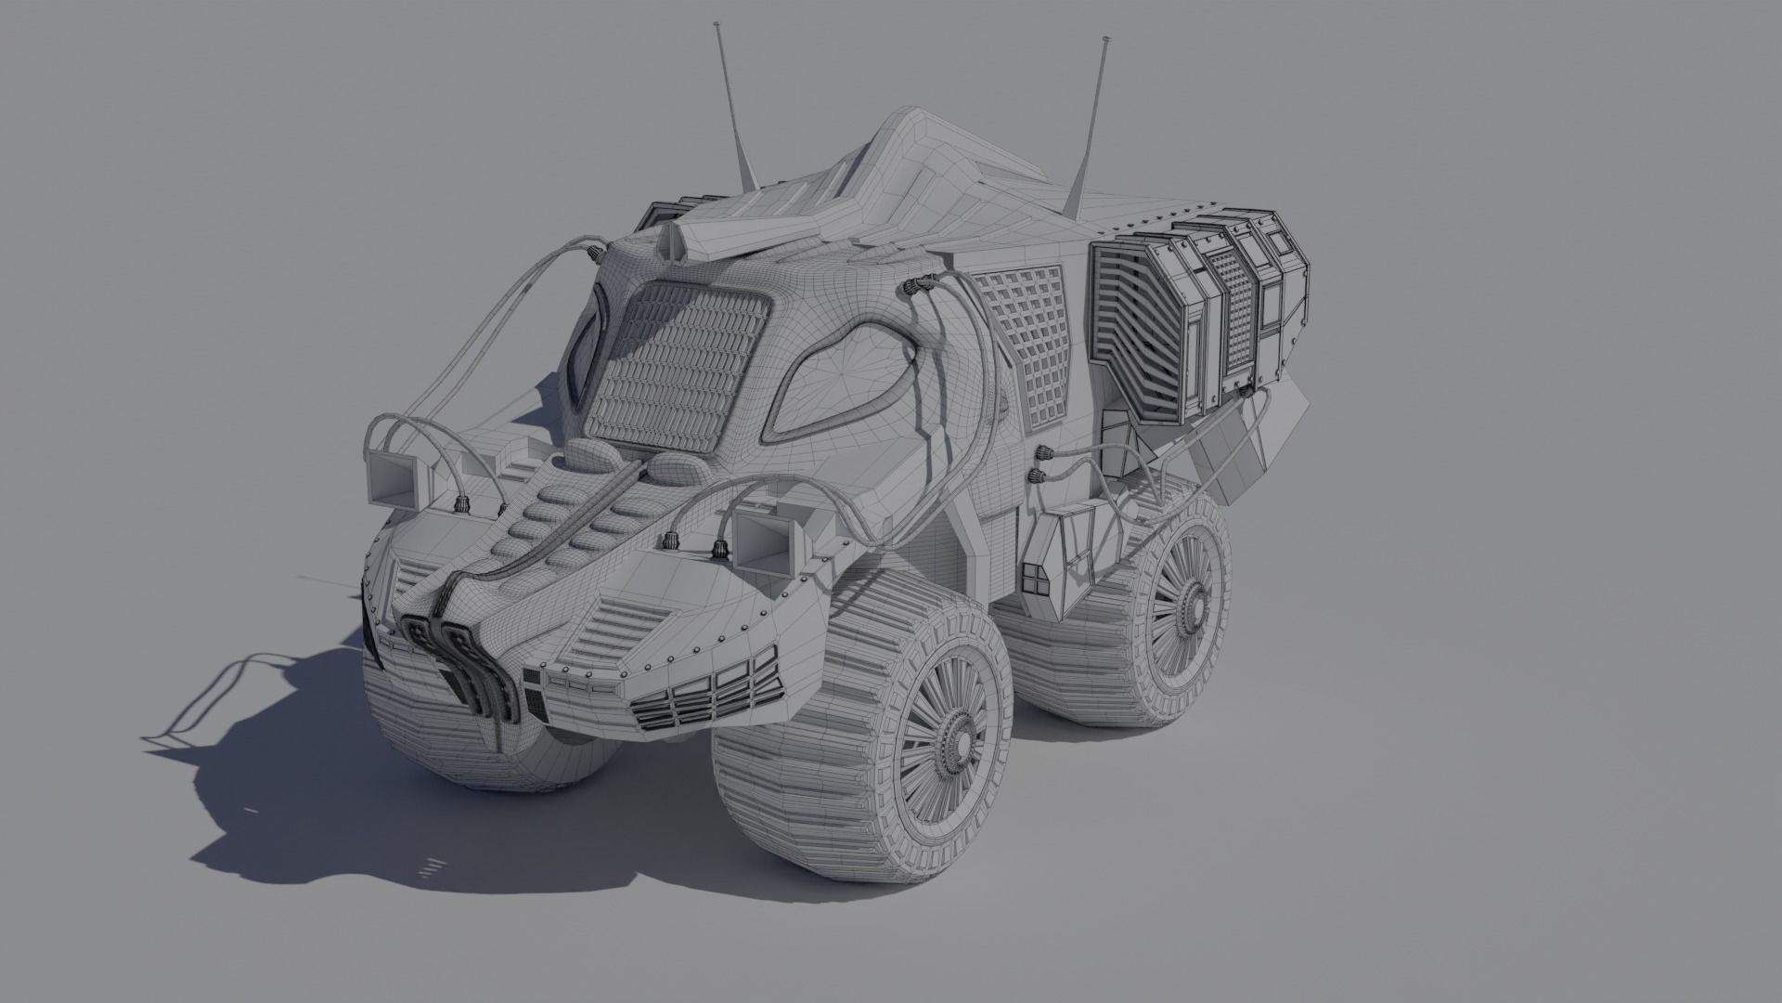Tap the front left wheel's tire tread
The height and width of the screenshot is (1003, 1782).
(445, 734)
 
